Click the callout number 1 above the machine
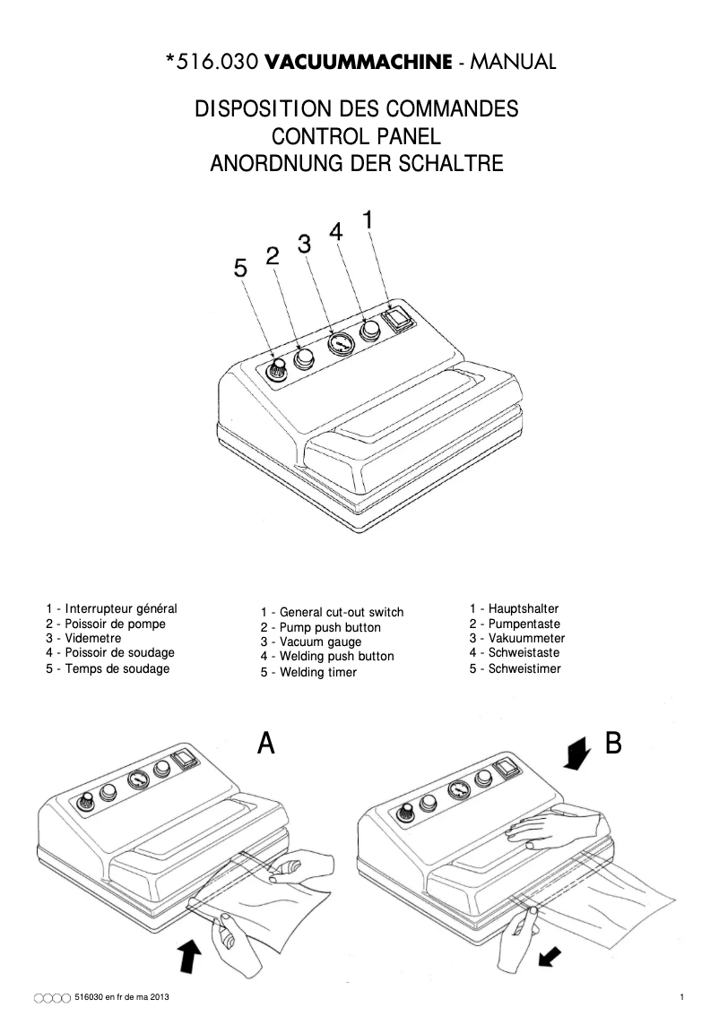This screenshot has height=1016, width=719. pos(368,219)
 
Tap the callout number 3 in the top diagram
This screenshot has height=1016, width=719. pos(304,243)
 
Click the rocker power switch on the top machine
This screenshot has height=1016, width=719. pos(395,318)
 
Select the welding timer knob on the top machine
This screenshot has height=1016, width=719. pos(278,366)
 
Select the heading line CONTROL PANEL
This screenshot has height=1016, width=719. pos(357,137)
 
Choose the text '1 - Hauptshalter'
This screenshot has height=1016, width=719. pos(514,608)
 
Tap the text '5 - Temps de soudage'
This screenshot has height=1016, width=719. pos(108,668)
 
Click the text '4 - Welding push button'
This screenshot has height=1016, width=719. pos(327,656)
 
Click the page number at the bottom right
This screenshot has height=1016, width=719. pos(682,997)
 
